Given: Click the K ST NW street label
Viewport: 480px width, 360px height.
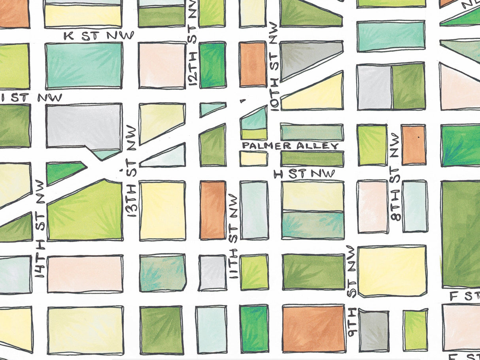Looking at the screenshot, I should point(99,36).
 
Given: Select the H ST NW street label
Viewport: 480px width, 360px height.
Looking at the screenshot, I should point(304,173).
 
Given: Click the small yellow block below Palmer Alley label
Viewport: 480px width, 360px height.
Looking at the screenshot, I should point(253,159).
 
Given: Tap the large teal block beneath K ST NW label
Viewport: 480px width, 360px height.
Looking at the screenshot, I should point(83,65).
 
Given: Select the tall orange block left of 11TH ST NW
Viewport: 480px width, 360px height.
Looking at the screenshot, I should point(213,210).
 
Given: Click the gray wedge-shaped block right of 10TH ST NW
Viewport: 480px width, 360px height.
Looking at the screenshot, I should point(304,57).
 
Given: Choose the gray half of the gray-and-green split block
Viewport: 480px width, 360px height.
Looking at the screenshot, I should point(374,87).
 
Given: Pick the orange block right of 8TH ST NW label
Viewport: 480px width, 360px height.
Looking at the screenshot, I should point(414,145).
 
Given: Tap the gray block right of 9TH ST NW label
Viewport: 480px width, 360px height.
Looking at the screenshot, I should point(374,330).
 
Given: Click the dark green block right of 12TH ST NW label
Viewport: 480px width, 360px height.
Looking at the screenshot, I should point(212,65).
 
